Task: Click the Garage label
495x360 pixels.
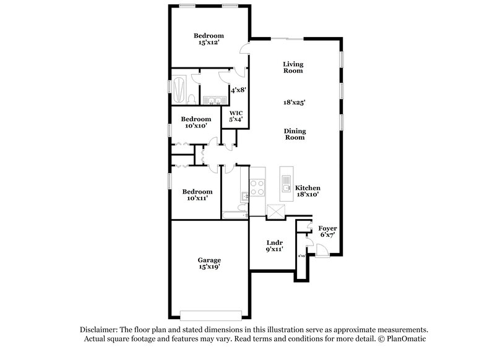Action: pos(210,264)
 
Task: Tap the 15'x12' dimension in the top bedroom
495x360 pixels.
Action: pos(207,44)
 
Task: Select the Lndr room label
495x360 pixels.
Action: pos(275,243)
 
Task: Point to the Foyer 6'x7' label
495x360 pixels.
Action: pos(327,231)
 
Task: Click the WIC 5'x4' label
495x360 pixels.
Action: pos(236,116)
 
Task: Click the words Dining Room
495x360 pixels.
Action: pos(294,134)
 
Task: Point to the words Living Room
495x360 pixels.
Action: pos(293,67)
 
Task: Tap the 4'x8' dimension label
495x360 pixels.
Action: pos(239,90)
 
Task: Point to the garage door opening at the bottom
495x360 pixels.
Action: pos(209,313)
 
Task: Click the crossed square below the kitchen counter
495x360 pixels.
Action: pos(275,212)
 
